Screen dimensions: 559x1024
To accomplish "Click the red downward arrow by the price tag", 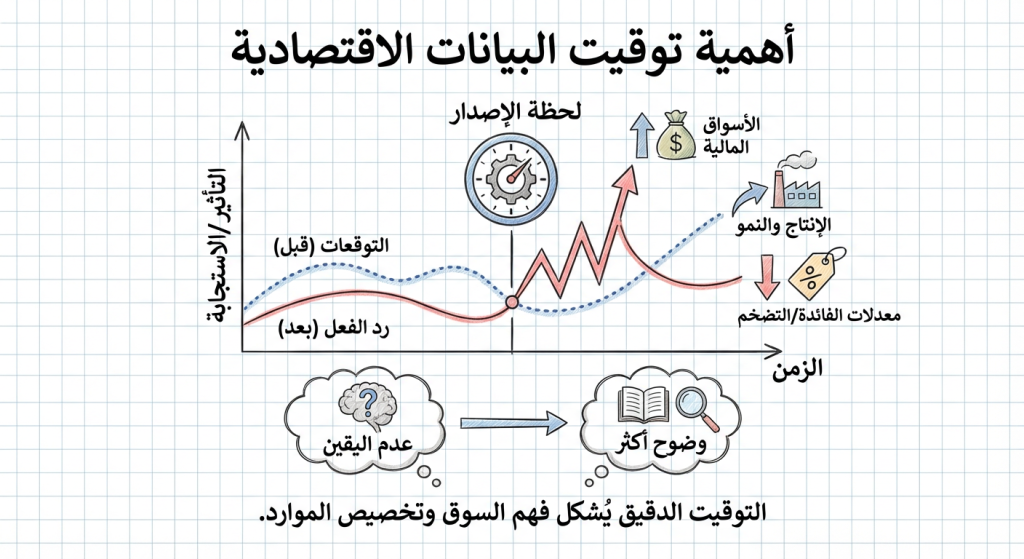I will [x=767, y=277].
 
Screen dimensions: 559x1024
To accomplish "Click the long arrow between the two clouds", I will [x=509, y=425].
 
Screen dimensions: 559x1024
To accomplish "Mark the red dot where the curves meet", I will [x=512, y=301].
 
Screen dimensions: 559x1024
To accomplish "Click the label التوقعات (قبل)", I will [x=331, y=245].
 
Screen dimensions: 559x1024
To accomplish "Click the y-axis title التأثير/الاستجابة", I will [x=216, y=240].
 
